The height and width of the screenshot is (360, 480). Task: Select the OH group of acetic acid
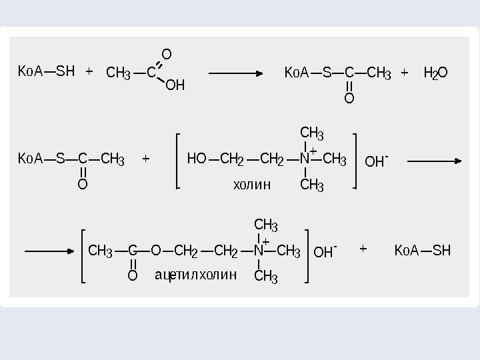click(175, 85)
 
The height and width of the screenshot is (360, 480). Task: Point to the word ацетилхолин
click(195, 275)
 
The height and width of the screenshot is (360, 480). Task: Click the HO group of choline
click(197, 160)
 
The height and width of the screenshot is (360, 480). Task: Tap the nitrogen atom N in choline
click(304, 160)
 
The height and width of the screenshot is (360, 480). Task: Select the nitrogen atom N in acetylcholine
click(258, 251)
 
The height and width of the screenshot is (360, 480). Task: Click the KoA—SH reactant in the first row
click(46, 70)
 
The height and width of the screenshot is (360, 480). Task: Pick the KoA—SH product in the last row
click(423, 251)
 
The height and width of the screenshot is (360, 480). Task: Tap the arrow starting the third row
click(48, 252)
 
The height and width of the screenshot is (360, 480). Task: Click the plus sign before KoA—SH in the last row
click(363, 249)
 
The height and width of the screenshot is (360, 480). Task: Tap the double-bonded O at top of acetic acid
click(167, 53)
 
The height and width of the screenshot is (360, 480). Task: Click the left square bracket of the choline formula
click(178, 161)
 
